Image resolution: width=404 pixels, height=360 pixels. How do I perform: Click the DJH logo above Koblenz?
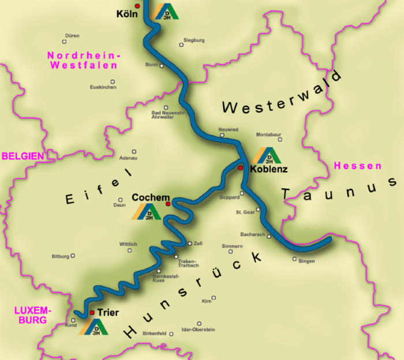coord(266,156)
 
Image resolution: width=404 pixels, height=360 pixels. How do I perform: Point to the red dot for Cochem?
coord(168,204)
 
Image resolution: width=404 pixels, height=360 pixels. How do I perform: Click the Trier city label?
coord(108,313)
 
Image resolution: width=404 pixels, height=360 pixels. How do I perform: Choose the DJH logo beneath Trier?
coord(94,327)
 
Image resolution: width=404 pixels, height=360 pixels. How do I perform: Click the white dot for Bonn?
coord(162,66)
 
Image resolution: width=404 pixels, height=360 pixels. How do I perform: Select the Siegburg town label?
coord(194,40)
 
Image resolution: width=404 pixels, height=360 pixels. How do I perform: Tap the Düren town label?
coord(72,35)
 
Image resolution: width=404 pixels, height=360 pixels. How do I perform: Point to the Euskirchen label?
coord(103,87)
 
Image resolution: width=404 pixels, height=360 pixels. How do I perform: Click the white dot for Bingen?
coord(294,259)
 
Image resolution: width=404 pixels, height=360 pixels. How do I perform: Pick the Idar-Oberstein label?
coord(198,329)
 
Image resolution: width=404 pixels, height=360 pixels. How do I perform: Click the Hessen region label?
coord(358,166)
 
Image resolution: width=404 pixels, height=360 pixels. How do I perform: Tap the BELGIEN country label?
coord(23,156)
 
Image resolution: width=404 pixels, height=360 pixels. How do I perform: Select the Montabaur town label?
coord(269,133)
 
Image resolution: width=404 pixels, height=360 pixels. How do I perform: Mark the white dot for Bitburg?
coord(73,255)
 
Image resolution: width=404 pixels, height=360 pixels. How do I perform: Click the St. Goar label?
coord(245,212)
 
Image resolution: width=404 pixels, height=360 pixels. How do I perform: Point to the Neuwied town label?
coord(228,129)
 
